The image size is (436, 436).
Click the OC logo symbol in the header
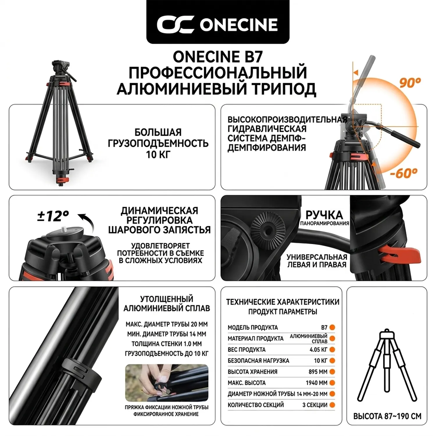[175, 24]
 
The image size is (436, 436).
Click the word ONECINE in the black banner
[239, 25]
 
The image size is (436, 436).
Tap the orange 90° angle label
[410, 83]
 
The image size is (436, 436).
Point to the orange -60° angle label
[404, 173]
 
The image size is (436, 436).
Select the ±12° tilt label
[53, 216]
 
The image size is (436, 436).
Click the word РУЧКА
[324, 215]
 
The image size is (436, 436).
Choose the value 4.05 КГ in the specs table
[318, 350]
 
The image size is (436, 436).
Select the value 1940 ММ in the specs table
[317, 383]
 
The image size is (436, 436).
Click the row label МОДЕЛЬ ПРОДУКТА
[253, 328]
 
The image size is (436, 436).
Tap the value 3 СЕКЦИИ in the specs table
[315, 405]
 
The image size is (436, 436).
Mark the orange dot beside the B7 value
[332, 327]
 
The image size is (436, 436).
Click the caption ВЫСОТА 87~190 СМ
[387, 416]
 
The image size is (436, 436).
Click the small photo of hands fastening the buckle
[167, 383]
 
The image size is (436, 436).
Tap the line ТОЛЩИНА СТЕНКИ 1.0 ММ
[167, 344]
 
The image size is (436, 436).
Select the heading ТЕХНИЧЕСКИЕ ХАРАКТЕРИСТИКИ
[283, 302]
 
